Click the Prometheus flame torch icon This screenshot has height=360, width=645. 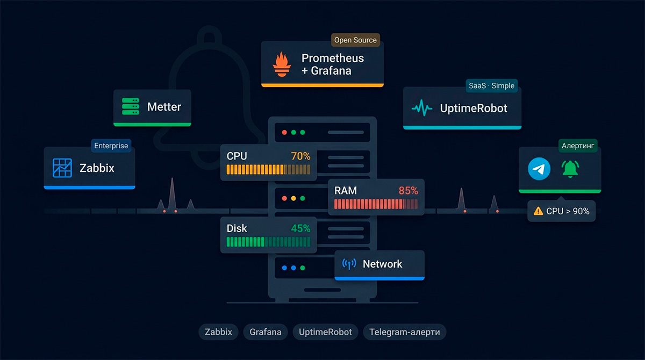click(x=282, y=64)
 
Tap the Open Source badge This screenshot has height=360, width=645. click(x=355, y=40)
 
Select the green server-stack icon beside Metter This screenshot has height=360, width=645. click(x=131, y=106)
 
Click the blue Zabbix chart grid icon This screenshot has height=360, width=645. click(x=62, y=168)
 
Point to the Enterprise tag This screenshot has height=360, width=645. click(x=111, y=146)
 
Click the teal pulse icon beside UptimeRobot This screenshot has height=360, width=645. click(x=422, y=108)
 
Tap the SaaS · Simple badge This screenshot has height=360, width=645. click(x=491, y=86)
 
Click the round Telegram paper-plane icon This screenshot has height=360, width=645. click(x=539, y=169)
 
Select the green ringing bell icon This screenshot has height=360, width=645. click(x=570, y=169)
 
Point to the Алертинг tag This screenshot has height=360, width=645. click(x=578, y=146)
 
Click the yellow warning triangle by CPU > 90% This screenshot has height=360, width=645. click(x=538, y=211)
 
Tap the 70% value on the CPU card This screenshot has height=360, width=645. click(x=300, y=156)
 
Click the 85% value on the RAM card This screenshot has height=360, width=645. click(x=408, y=191)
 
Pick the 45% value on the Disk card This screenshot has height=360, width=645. click(x=300, y=228)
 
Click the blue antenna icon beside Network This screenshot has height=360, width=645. click(x=349, y=264)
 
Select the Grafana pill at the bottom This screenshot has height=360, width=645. click(x=265, y=332)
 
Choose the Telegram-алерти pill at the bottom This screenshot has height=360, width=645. click(x=405, y=332)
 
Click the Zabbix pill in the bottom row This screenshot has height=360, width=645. click(x=218, y=332)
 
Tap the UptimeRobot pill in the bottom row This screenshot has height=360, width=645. click(x=325, y=332)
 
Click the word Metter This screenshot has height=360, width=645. click(x=164, y=107)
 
